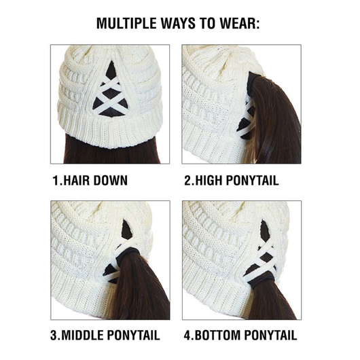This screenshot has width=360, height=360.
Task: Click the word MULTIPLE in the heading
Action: click(126, 23)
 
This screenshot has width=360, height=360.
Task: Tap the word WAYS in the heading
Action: click(178, 23)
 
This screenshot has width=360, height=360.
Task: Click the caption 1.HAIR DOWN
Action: click(90, 180)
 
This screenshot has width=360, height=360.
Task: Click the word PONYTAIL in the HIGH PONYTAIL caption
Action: click(252, 180)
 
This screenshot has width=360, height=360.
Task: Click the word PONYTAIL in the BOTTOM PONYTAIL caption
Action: click(270, 335)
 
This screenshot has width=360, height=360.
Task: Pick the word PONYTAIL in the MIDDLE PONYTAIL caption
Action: click(134, 335)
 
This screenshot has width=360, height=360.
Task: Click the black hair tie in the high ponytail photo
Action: click(252, 84)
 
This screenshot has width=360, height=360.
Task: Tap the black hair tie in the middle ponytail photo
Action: click(125, 255)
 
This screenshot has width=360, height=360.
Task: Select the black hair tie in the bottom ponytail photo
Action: click(262, 282)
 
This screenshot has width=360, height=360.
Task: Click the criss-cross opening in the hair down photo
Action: click(111, 92)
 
